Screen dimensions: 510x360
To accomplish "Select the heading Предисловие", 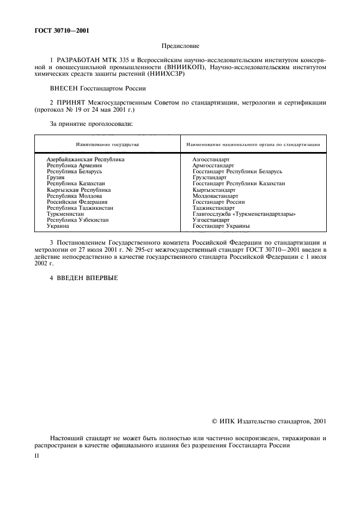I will pyautogui.click(x=180, y=47).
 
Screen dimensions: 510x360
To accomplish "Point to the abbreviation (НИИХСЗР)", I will pyautogui.click(x=166, y=74).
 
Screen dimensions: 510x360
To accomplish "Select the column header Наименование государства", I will pyautogui.click(x=107, y=144).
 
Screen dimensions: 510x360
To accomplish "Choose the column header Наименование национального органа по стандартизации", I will pyautogui.click(x=253, y=144).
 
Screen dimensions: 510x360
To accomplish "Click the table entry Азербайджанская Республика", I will pyautogui.click(x=86, y=159).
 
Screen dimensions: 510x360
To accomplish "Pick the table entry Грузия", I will pyautogui.click(x=56, y=178).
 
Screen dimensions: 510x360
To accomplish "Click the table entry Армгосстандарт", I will pyautogui.click(x=213, y=165).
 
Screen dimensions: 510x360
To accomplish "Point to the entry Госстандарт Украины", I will pyautogui.click(x=221, y=226).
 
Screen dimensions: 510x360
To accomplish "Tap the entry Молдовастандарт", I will pyautogui.click(x=216, y=196).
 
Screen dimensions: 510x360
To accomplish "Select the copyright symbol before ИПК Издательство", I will pyautogui.click(x=215, y=421).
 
